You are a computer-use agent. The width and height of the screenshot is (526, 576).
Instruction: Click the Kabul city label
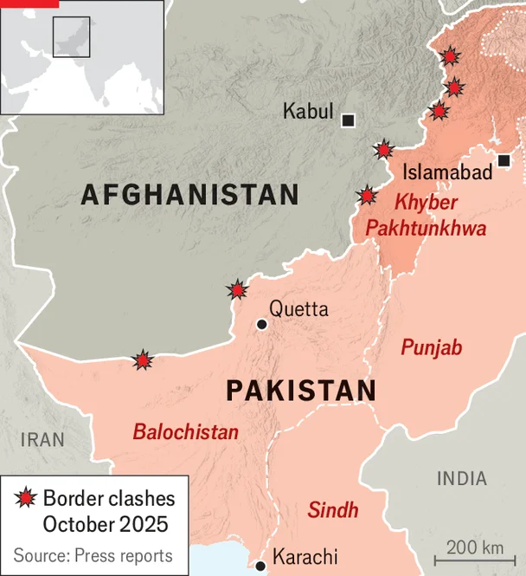pyautogui.click(x=307, y=111)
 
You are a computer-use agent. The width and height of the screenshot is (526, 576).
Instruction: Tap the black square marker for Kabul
pyautogui.click(x=348, y=120)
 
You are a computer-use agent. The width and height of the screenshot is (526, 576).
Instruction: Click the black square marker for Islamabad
pyautogui.click(x=504, y=160)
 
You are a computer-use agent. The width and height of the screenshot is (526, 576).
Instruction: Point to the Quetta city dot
pyautogui.click(x=261, y=324)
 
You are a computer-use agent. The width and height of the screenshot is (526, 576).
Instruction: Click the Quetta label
pyautogui.click(x=298, y=308)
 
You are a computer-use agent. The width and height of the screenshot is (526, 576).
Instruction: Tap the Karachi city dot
pyautogui.click(x=260, y=566)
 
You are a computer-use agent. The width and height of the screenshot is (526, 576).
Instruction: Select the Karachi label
pyautogui.click(x=305, y=557)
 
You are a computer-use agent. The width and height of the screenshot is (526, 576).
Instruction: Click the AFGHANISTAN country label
pyautogui.click(x=189, y=194)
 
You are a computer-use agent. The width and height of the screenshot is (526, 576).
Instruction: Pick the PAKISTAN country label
pyautogui.click(x=301, y=391)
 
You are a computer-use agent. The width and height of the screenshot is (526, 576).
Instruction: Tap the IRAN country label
pyautogui.click(x=43, y=439)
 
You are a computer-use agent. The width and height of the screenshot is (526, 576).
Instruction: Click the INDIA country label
pyautogui.click(x=461, y=478)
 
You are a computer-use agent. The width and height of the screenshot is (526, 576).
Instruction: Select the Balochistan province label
pyautogui.click(x=185, y=431)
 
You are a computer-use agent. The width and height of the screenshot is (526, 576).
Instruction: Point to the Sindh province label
pyautogui.click(x=332, y=510)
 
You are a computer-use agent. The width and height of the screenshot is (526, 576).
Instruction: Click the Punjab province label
pyautogui.click(x=431, y=348)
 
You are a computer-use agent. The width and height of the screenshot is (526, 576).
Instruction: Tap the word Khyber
pyautogui.click(x=426, y=203)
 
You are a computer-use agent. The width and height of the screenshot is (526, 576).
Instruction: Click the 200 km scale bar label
pyautogui.click(x=475, y=547)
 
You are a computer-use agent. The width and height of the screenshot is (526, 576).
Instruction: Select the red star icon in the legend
pyautogui.click(x=26, y=499)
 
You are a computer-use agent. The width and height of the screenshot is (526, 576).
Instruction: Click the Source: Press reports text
pyautogui.click(x=93, y=555)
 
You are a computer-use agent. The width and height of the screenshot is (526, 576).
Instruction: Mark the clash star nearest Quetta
pyautogui.click(x=236, y=289)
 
